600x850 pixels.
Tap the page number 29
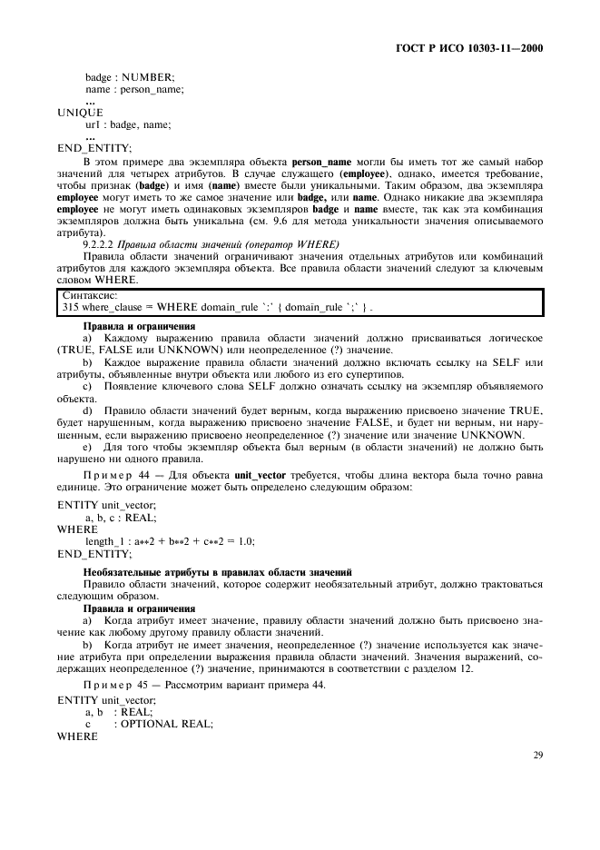coord(536,753)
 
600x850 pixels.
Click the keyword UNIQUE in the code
coord(81,113)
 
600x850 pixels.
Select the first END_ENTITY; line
coord(94,148)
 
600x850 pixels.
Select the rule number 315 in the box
coord(71,307)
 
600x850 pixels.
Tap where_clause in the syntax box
coord(116,307)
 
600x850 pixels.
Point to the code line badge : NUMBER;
coord(130,77)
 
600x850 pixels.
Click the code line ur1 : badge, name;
coord(128,124)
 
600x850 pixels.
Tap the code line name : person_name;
coord(134,89)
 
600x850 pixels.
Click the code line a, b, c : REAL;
coord(121,517)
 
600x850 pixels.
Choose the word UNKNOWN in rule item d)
coord(492,435)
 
